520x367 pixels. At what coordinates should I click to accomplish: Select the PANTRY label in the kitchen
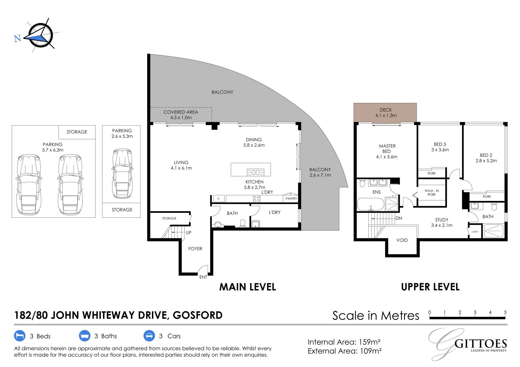tap(291, 199)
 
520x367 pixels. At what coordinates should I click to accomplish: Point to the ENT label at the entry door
tap(203, 277)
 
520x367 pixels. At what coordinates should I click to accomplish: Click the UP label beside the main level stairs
tap(188, 233)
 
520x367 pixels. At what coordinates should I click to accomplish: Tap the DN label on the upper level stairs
tap(399, 218)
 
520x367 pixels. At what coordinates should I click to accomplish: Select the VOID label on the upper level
tap(402, 240)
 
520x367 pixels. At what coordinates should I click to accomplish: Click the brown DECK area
tap(385, 113)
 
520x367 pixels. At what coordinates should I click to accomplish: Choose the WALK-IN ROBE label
tap(432, 193)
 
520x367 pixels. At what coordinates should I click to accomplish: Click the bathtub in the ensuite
tap(371, 204)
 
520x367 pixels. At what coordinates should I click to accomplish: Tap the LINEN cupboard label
tap(475, 232)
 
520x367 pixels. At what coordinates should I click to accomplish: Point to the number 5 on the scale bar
tap(505, 312)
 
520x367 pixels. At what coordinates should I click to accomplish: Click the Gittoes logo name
tap(481, 344)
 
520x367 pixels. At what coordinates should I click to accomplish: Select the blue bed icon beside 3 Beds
tap(19, 336)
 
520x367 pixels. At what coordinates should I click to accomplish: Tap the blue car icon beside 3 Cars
tap(149, 336)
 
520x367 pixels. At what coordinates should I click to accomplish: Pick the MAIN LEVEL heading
tap(248, 287)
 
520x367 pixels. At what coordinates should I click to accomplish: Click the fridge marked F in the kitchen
tap(219, 199)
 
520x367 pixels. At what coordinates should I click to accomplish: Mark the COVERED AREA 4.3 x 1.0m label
tap(181, 115)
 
